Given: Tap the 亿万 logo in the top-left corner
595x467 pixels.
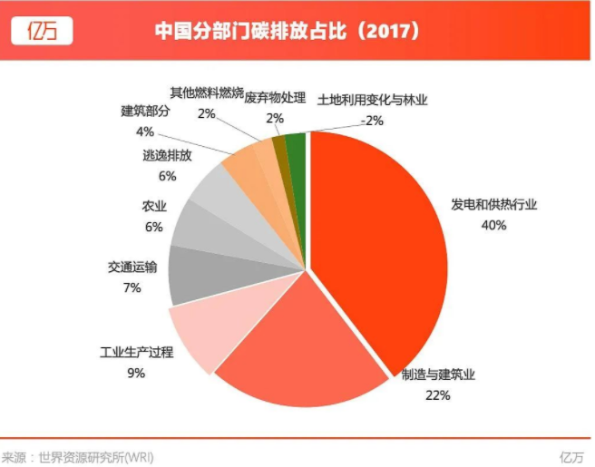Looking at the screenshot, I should [42, 31].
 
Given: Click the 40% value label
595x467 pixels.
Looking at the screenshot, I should [493, 225].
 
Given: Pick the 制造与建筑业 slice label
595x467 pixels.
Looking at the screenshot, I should [438, 375].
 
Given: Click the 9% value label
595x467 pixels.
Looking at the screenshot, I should [136, 373].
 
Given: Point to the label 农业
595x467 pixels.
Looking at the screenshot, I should [153, 206].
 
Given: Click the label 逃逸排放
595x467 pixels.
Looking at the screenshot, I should [167, 155].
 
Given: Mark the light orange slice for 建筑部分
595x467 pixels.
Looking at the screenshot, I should [242, 164].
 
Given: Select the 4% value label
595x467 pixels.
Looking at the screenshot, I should [144, 131].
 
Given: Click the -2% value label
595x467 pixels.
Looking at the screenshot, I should [371, 120].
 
